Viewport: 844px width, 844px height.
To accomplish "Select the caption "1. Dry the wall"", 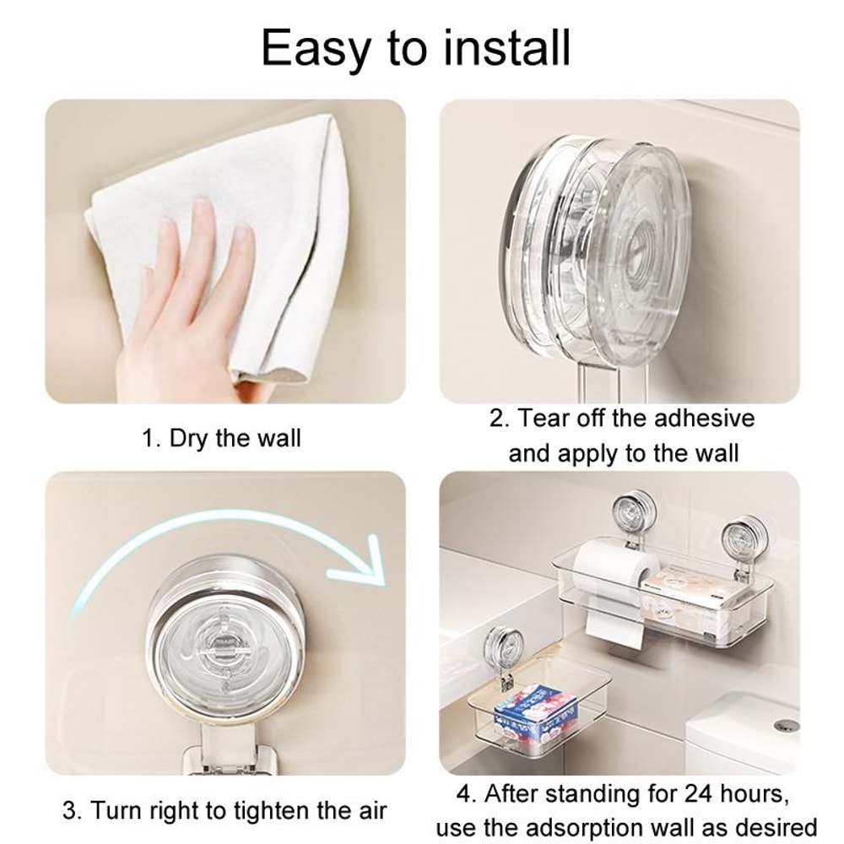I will click(221, 439).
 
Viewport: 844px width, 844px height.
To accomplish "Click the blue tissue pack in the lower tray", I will click(533, 717).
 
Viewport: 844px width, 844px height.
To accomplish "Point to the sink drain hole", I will click(785, 725).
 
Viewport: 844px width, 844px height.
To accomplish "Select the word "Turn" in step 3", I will click(116, 812).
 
